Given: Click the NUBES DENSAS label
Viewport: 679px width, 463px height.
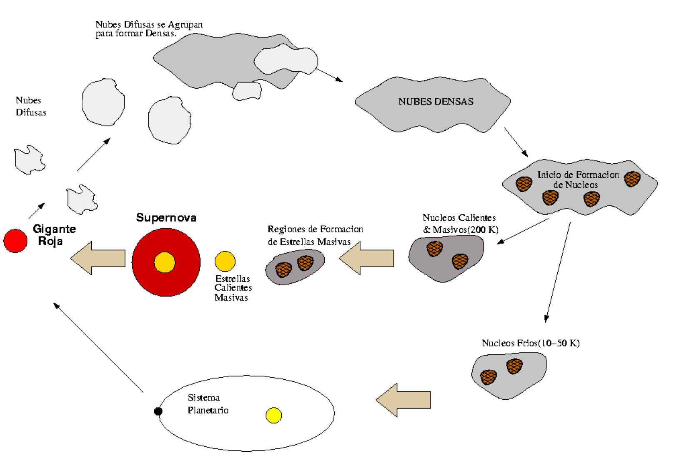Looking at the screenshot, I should click(x=436, y=102).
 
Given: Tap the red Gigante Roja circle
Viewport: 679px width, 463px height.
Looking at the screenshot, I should click(x=15, y=241).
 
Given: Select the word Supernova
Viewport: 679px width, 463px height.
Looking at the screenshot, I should click(x=166, y=218).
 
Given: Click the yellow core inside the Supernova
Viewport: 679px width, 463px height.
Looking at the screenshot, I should click(x=165, y=262).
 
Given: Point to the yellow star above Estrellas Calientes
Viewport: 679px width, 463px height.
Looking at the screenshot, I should click(x=225, y=261).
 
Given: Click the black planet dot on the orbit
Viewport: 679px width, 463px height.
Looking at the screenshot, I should click(x=158, y=411).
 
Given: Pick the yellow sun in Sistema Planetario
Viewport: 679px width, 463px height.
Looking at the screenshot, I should click(x=274, y=415).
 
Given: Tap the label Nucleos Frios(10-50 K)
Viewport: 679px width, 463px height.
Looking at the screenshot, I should click(x=530, y=343).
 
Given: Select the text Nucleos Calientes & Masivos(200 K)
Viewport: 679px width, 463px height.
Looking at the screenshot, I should click(x=460, y=224).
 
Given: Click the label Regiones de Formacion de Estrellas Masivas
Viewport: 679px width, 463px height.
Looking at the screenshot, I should click(x=315, y=235).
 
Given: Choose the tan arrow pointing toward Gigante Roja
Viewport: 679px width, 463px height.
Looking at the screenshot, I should click(x=98, y=258).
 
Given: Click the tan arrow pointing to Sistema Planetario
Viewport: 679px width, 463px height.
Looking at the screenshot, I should click(x=403, y=400).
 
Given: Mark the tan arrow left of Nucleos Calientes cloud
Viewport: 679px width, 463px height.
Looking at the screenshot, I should click(x=367, y=258).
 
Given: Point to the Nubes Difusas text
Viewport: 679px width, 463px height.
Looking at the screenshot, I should click(x=30, y=106).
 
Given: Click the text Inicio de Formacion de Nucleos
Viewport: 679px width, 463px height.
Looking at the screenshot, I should click(x=577, y=179).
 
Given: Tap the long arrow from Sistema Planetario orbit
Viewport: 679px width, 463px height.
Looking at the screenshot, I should click(x=99, y=348).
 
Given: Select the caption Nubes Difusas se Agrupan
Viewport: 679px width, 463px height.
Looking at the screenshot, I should click(x=149, y=29).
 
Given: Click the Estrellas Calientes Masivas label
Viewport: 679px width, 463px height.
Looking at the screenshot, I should click(x=233, y=288).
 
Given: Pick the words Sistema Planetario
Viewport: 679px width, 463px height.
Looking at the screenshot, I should click(x=208, y=404).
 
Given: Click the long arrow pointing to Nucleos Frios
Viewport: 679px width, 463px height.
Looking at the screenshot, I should click(x=558, y=273).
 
